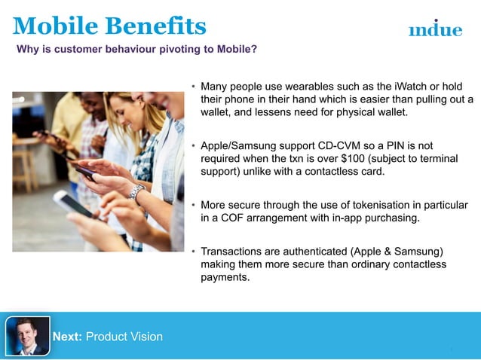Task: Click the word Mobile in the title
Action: click(x=54, y=26)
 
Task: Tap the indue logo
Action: click(x=435, y=29)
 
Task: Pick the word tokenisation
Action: click(x=367, y=206)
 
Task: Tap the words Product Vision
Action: click(x=124, y=337)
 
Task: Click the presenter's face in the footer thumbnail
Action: click(x=26, y=331)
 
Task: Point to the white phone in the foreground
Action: click(x=72, y=204)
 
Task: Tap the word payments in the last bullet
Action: click(x=225, y=277)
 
